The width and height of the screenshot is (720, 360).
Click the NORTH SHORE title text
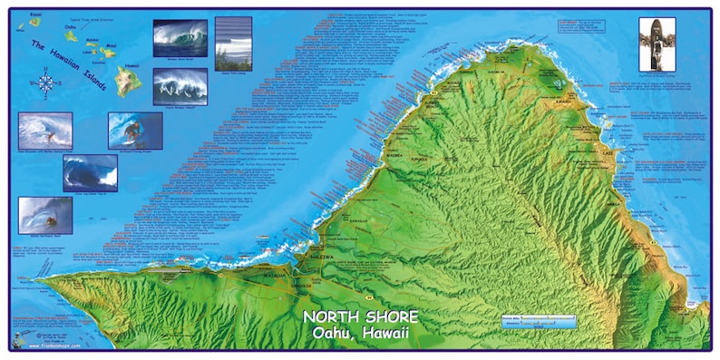(360, 316)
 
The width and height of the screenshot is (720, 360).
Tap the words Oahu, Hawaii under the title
(360, 334)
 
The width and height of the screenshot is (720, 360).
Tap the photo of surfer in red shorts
(135, 131)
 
